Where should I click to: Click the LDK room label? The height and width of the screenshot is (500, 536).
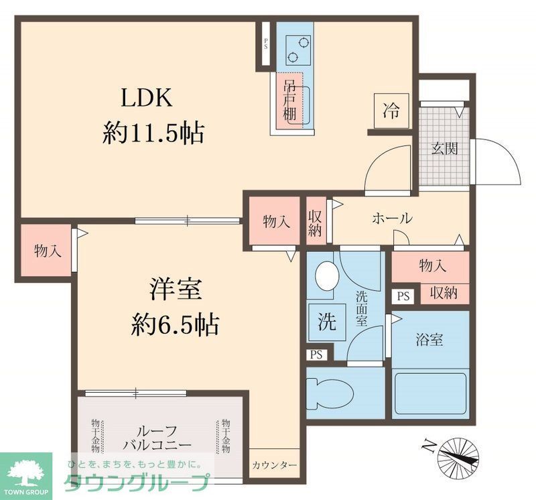(147, 99)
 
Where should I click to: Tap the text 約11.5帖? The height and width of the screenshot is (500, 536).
(153, 133)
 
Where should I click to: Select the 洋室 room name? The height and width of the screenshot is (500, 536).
(176, 291)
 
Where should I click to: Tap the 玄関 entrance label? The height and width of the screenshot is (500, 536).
(444, 149)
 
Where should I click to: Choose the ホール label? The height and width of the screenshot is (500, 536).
(391, 218)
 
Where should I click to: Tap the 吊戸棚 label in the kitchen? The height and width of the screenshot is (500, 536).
(289, 101)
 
